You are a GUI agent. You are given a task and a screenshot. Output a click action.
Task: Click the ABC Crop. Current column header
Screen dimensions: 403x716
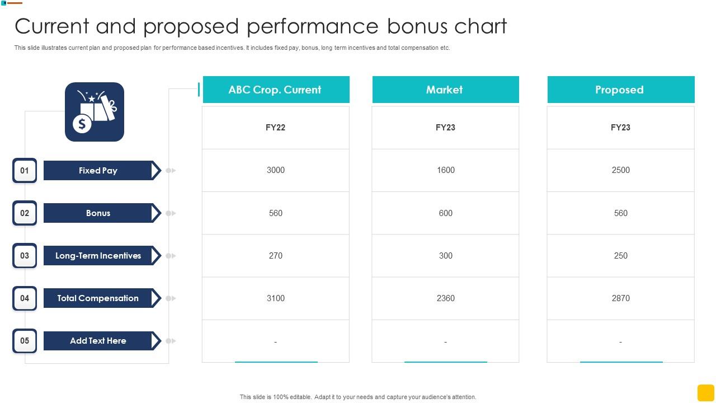tap(275, 90)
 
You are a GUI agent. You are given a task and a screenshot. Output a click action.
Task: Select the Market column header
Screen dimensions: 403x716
tap(445, 90)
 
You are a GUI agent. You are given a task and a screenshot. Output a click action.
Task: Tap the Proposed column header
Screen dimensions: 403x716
tap(620, 90)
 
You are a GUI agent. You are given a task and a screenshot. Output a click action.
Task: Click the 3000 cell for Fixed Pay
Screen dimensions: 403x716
tap(276, 170)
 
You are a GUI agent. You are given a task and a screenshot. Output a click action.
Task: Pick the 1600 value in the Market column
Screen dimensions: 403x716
tap(445, 170)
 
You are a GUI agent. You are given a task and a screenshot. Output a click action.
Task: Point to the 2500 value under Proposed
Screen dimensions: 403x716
tap(620, 170)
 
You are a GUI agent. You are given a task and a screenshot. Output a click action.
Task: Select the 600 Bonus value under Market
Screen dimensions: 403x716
tap(445, 213)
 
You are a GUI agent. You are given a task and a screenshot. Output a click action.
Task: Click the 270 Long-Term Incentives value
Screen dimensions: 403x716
tap(276, 256)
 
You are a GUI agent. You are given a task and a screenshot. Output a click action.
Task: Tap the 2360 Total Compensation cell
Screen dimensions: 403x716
tap(445, 298)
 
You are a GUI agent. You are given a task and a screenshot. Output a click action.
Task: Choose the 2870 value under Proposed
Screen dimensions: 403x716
tap(620, 298)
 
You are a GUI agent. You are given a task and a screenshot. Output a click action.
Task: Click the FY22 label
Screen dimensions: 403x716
tap(276, 128)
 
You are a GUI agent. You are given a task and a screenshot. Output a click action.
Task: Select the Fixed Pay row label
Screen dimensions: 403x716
tap(98, 171)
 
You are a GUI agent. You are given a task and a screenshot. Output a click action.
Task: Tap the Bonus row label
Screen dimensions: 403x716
tap(98, 213)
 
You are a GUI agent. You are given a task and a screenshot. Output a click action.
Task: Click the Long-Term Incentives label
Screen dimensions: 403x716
tap(98, 256)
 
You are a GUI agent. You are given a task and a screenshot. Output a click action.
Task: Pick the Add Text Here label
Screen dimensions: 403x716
tap(98, 341)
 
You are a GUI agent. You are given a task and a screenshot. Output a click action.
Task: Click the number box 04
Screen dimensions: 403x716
tap(25, 298)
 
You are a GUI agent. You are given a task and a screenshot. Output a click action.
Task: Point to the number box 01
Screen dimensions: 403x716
tap(25, 171)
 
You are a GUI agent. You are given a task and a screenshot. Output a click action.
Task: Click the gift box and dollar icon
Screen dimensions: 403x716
tap(95, 112)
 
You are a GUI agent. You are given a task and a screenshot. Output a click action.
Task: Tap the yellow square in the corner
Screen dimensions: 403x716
tap(705, 392)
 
